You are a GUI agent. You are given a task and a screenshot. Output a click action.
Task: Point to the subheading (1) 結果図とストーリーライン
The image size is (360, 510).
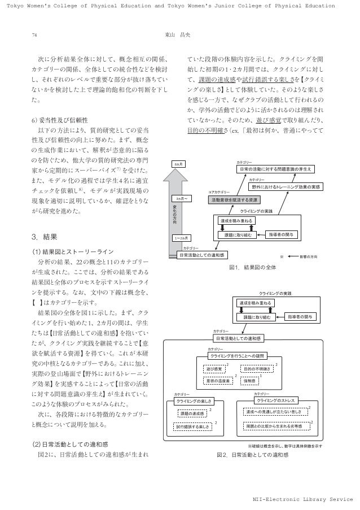[x=71, y=251]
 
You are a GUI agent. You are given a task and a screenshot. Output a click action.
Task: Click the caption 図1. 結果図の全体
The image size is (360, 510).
[x=252, y=267]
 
